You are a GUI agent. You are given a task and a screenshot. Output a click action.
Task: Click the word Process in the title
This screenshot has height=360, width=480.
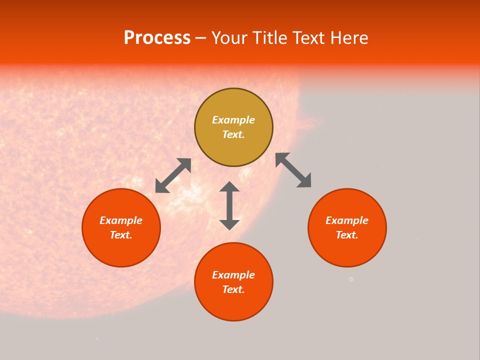click(x=157, y=38)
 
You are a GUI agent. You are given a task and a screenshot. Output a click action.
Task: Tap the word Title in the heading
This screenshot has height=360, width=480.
click(x=270, y=38)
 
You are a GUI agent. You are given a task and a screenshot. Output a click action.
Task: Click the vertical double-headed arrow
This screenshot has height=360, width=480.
click(x=229, y=205)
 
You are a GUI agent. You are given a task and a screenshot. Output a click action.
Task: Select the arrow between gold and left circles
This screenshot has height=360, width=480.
click(x=173, y=175)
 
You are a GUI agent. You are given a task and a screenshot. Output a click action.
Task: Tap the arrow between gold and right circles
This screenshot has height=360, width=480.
click(x=293, y=170)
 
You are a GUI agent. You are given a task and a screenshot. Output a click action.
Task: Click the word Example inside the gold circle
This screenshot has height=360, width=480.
click(x=233, y=120)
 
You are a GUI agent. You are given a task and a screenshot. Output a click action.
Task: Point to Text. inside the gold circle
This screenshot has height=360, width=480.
click(x=233, y=134)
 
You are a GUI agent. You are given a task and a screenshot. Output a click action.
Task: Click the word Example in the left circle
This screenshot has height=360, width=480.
click(x=121, y=220)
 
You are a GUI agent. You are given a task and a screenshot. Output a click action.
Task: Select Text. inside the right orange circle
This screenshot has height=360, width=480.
click(x=347, y=235)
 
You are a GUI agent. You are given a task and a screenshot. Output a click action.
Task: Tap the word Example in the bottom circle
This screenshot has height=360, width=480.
click(x=233, y=275)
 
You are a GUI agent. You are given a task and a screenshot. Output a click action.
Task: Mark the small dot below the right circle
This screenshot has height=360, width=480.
click(x=351, y=279)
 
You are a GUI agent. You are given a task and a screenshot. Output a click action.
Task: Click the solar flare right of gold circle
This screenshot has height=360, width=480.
click(x=312, y=123)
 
